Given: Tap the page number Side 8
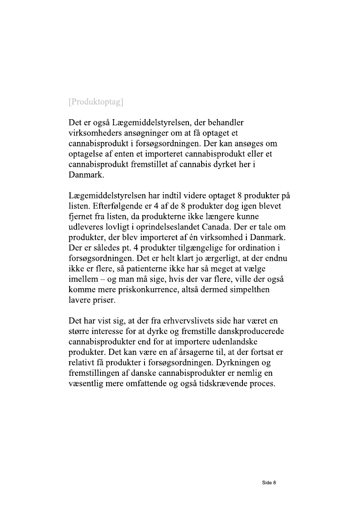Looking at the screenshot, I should coord(269,482).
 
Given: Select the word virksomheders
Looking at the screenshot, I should coord(96,133).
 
